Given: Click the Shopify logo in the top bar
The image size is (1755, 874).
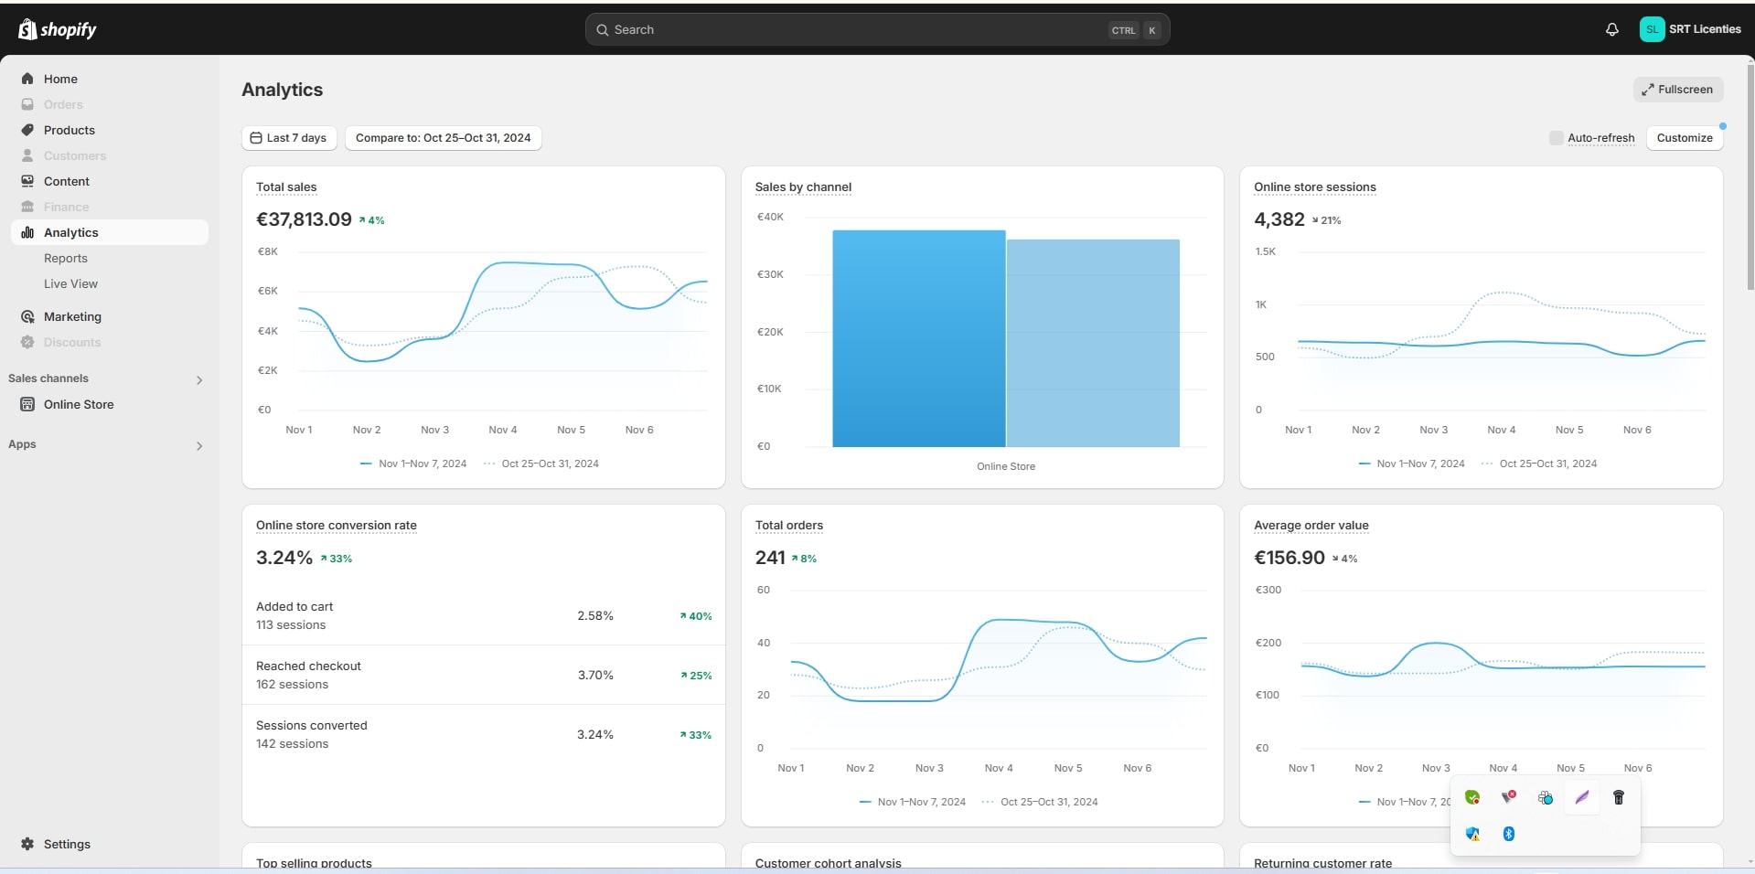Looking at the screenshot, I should pyautogui.click(x=57, y=29).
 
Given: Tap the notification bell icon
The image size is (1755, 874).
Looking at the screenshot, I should pyautogui.click(x=1611, y=29).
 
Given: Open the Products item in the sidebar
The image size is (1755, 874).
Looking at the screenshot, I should pyautogui.click(x=70, y=130).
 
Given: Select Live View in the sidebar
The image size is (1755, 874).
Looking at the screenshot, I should pyautogui.click(x=70, y=283).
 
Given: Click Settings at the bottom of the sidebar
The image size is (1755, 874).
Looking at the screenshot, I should pyautogui.click(x=67, y=844).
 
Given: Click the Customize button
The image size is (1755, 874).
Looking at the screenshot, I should pyautogui.click(x=1684, y=138).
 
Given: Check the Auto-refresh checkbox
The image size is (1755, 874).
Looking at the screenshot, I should pyautogui.click(x=1556, y=138).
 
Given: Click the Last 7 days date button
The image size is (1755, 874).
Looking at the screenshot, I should pyautogui.click(x=289, y=138).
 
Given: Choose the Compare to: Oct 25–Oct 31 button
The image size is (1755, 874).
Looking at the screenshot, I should pyautogui.click(x=443, y=138).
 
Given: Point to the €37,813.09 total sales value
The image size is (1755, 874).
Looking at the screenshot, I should pyautogui.click(x=304, y=219).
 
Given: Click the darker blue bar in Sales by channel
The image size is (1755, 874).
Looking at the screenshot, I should pyautogui.click(x=918, y=338).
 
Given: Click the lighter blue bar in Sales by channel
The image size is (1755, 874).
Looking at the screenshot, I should pyautogui.click(x=1093, y=343).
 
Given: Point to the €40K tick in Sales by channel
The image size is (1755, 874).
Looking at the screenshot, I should pyautogui.click(x=770, y=217).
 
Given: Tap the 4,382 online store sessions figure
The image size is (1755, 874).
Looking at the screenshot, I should pyautogui.click(x=1279, y=219).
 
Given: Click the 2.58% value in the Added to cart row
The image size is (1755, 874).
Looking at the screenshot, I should pyautogui.click(x=594, y=615).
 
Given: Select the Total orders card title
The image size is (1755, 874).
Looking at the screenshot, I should pyautogui.click(x=788, y=526).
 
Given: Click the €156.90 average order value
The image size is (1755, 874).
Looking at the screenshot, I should pyautogui.click(x=1289, y=558).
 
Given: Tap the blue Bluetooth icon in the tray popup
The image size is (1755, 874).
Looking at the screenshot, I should pyautogui.click(x=1509, y=834).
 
